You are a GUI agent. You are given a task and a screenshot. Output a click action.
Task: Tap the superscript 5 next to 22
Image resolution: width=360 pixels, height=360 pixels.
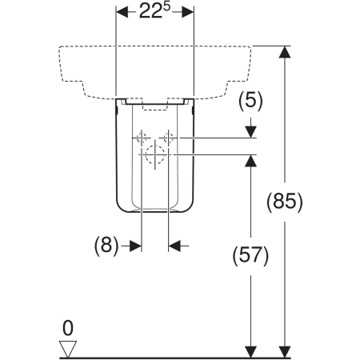click(166, 6)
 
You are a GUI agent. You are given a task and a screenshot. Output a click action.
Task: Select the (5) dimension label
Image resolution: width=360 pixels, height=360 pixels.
click(250, 101)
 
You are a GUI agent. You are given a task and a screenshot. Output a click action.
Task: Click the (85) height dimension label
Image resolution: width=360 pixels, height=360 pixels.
click(285, 202)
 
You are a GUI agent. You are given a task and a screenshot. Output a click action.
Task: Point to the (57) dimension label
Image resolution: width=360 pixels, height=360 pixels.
click(250, 256)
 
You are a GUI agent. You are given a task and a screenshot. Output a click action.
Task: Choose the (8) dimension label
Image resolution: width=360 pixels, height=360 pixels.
click(106, 246)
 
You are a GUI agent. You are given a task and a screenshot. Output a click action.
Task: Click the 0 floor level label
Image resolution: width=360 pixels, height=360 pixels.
click(68, 328)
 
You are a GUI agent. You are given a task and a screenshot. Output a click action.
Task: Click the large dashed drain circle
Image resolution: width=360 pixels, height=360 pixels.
click(155, 154)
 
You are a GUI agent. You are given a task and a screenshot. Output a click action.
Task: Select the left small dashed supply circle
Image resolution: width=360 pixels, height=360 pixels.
click(142, 138)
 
